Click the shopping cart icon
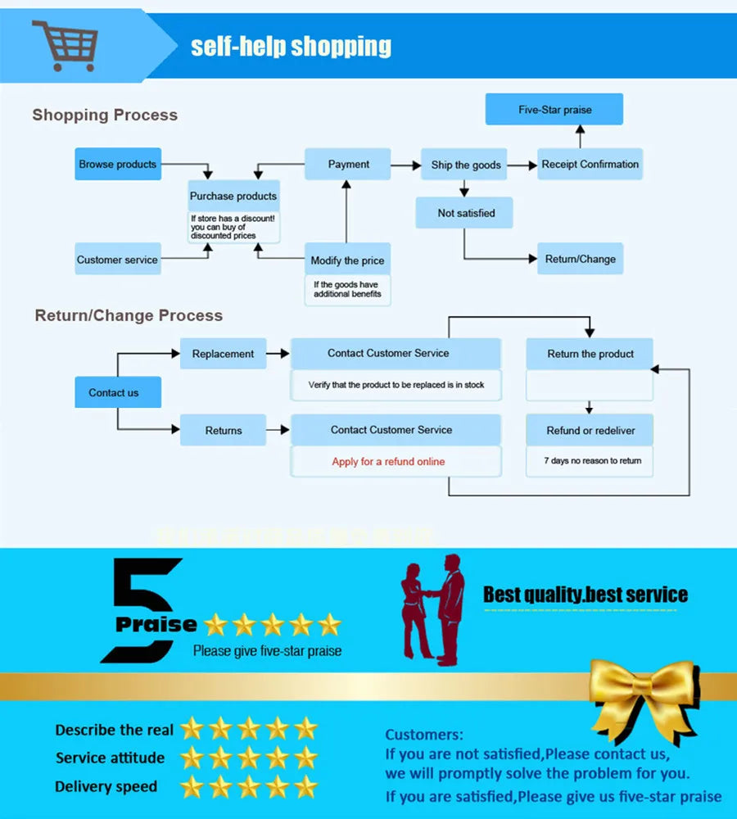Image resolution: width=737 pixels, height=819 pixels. (x=66, y=45)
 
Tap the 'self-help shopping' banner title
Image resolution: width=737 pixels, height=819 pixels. (x=291, y=46)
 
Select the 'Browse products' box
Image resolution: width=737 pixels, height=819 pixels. (x=117, y=164)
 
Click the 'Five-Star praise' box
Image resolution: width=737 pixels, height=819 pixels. (x=554, y=110)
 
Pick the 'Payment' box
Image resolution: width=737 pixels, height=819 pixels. (x=348, y=164)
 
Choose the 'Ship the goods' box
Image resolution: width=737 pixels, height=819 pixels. (x=465, y=165)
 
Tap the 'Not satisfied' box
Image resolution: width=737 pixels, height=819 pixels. (x=465, y=213)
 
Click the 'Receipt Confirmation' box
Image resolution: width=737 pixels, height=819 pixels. (x=590, y=164)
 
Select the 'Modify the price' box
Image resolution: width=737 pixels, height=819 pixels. (x=347, y=260)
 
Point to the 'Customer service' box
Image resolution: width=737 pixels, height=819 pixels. (x=117, y=260)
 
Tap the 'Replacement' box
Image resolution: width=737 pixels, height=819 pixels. (x=223, y=354)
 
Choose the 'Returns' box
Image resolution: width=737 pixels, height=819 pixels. (x=223, y=430)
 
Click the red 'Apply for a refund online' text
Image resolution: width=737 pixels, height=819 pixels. (x=388, y=462)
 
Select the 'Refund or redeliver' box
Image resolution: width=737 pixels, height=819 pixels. (x=590, y=430)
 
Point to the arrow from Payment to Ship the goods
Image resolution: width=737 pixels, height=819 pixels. (x=405, y=165)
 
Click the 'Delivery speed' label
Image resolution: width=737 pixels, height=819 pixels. (x=106, y=787)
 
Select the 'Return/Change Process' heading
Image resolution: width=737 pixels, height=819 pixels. (x=129, y=315)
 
